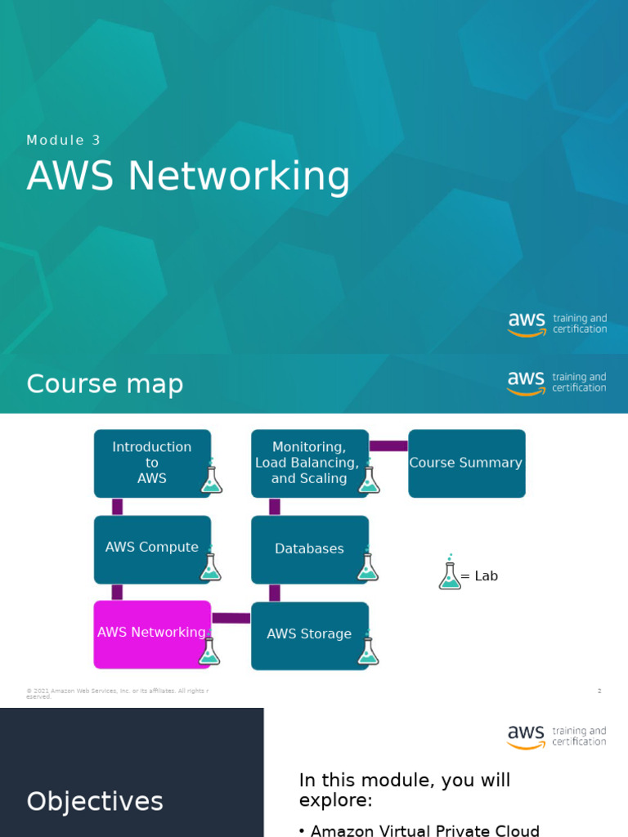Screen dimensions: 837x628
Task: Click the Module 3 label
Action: (x=64, y=140)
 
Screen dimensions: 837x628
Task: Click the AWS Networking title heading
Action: (x=188, y=177)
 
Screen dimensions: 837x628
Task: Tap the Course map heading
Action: (x=105, y=383)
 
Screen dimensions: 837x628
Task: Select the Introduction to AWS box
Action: (x=151, y=463)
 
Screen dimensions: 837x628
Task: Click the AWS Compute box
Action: (x=151, y=548)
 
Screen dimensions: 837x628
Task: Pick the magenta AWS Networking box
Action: (x=151, y=633)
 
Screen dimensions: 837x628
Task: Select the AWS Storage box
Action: (x=309, y=634)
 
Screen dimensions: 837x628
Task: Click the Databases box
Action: (x=309, y=549)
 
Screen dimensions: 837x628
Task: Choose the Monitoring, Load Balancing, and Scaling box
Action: (x=308, y=463)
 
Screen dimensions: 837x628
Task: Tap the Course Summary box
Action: (x=466, y=463)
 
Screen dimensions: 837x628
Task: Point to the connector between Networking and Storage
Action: (x=231, y=618)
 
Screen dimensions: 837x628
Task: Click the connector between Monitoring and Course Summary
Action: (x=388, y=445)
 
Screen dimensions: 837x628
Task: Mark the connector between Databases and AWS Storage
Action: (x=275, y=593)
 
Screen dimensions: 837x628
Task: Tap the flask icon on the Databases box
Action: (x=367, y=565)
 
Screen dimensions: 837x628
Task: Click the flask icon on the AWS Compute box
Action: (x=210, y=565)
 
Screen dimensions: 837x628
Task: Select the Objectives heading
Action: (x=95, y=801)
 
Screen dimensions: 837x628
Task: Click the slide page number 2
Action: (x=599, y=692)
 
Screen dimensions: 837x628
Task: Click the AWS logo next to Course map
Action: (x=526, y=383)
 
